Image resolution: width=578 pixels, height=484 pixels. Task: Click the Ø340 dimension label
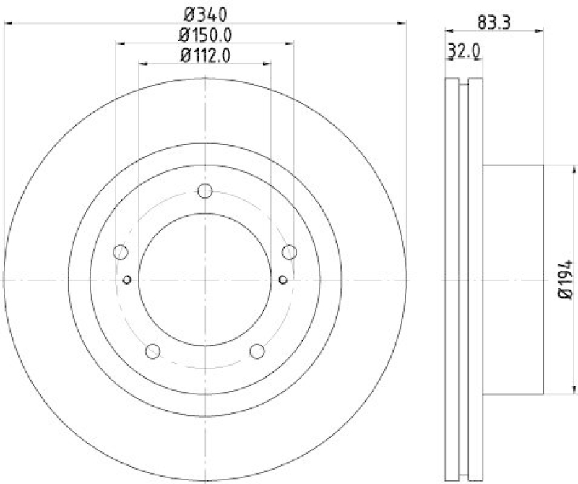[x=204, y=12]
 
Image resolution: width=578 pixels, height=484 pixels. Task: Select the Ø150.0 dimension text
[x=204, y=34]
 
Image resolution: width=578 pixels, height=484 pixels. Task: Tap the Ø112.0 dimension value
[x=204, y=55]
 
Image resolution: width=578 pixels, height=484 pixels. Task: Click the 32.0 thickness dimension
[x=465, y=51]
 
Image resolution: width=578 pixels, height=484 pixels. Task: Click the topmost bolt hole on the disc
[x=204, y=191]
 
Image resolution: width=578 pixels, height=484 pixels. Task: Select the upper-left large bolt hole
[x=121, y=252]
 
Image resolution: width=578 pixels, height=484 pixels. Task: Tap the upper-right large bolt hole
[x=289, y=252]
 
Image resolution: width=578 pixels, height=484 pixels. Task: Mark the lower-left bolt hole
[x=152, y=351]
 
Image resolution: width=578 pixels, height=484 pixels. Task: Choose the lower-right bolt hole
[x=256, y=351]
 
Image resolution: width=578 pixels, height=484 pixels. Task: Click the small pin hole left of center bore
[x=127, y=280]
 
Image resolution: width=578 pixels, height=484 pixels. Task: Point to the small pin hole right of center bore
[x=282, y=280]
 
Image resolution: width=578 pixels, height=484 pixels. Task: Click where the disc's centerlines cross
[x=204, y=280]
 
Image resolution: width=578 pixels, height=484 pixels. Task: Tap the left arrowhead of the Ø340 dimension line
[x=9, y=24]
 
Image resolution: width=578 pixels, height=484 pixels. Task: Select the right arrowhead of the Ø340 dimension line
[x=402, y=24]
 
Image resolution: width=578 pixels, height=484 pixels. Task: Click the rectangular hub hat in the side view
[x=513, y=280]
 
